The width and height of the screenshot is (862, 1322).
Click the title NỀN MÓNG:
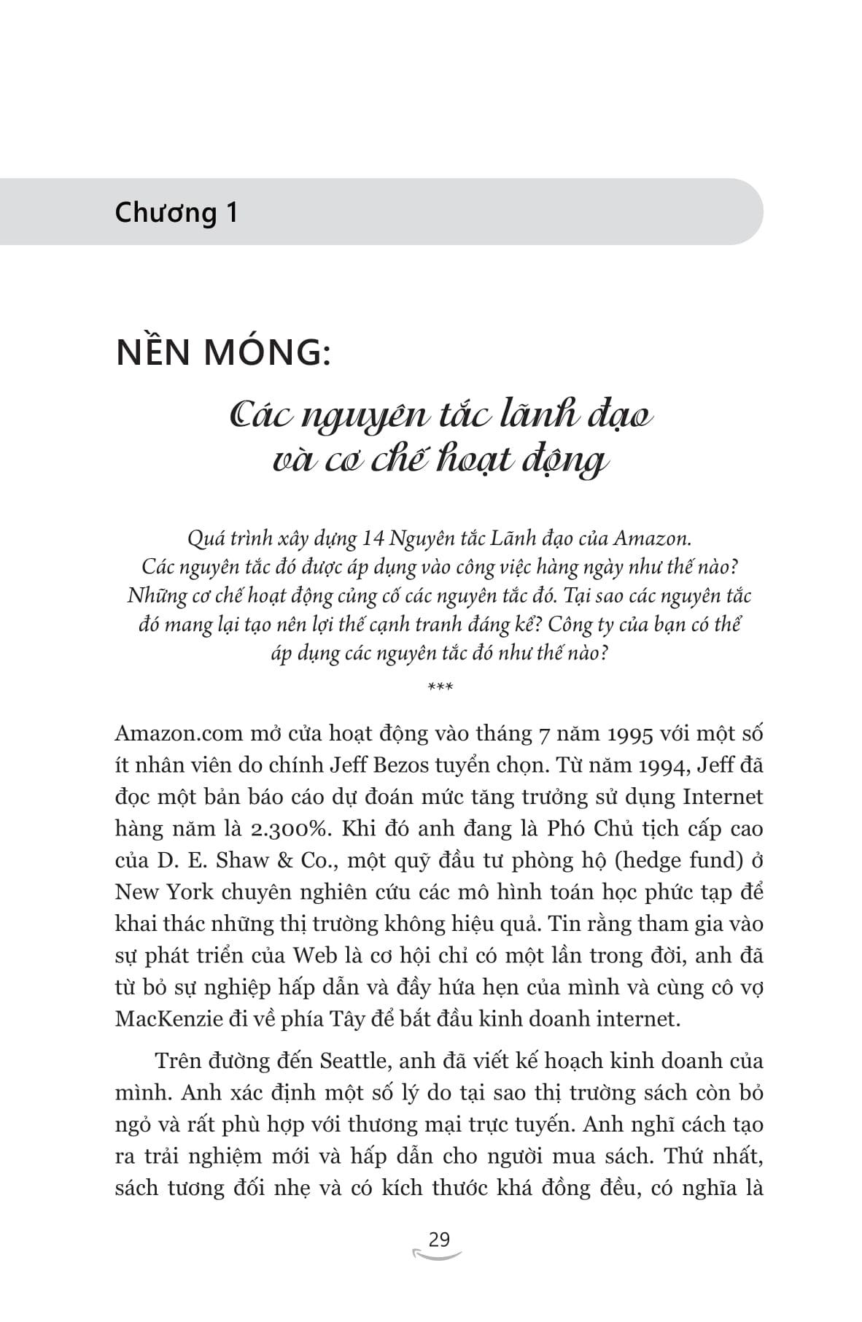pos(223,353)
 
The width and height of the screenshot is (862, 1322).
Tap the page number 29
pos(439,1240)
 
